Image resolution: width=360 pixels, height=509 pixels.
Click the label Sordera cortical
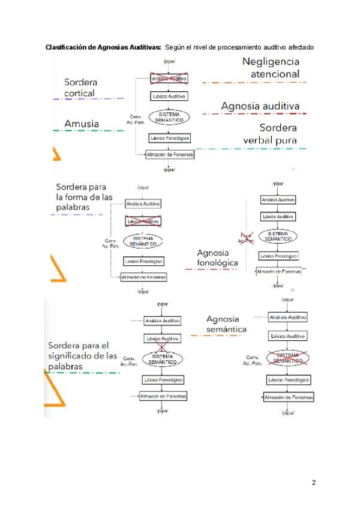click(81, 87)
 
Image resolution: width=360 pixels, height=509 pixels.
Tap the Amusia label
click(82, 124)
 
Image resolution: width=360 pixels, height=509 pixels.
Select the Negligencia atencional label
click(271, 67)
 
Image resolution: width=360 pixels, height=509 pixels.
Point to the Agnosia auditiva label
click(260, 106)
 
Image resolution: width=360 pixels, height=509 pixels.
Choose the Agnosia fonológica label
click(217, 258)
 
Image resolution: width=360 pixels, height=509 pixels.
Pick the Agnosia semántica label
click(226, 324)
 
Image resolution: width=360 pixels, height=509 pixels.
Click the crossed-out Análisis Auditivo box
click(169, 79)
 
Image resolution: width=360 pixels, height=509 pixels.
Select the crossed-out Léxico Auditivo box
click(142, 221)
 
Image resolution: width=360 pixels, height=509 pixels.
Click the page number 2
click(313, 483)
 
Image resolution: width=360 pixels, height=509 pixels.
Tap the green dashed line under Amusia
click(87, 130)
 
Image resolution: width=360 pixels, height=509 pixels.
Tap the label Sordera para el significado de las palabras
click(82, 356)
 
